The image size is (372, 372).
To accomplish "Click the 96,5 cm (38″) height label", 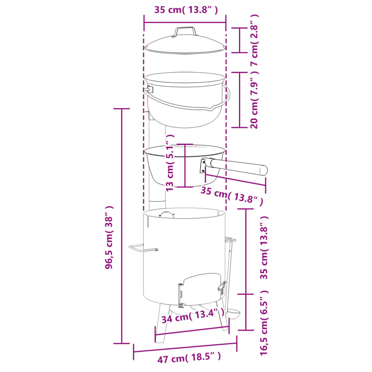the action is pyautogui.click(x=110, y=237).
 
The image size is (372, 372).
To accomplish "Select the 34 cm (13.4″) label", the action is pyautogui.click(x=193, y=316).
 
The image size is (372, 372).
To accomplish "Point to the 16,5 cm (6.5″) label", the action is pyautogui.click(x=264, y=322).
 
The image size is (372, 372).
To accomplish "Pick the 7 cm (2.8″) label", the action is pyautogui.click(x=254, y=40).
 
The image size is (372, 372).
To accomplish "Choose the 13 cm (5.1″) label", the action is pyautogui.click(x=170, y=163).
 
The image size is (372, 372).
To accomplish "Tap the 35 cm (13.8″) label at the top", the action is pyautogui.click(x=186, y=10).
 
